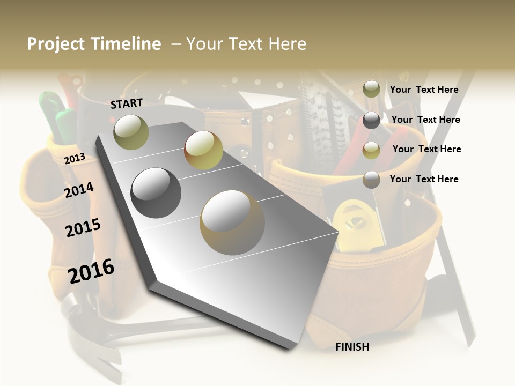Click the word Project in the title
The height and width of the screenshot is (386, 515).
click(56, 44)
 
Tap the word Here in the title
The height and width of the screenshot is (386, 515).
click(287, 44)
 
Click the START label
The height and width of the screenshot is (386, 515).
click(127, 103)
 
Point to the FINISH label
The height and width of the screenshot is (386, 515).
click(352, 347)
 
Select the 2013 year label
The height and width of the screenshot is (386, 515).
click(75, 158)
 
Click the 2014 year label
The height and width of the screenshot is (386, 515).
click(79, 190)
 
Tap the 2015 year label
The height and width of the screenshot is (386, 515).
click(83, 228)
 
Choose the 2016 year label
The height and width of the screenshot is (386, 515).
click(91, 271)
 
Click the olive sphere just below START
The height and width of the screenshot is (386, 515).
click(131, 132)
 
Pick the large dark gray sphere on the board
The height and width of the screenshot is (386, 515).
click(156, 192)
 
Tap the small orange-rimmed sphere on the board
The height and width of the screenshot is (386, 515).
click(203, 150)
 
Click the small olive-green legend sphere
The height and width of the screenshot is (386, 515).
click(371, 89)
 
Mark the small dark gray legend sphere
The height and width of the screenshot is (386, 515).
click(371, 120)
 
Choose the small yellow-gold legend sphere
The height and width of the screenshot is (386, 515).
click(371, 150)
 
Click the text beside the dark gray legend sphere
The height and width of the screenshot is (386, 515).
click(425, 120)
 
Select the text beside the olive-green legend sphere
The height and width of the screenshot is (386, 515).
click(424, 90)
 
